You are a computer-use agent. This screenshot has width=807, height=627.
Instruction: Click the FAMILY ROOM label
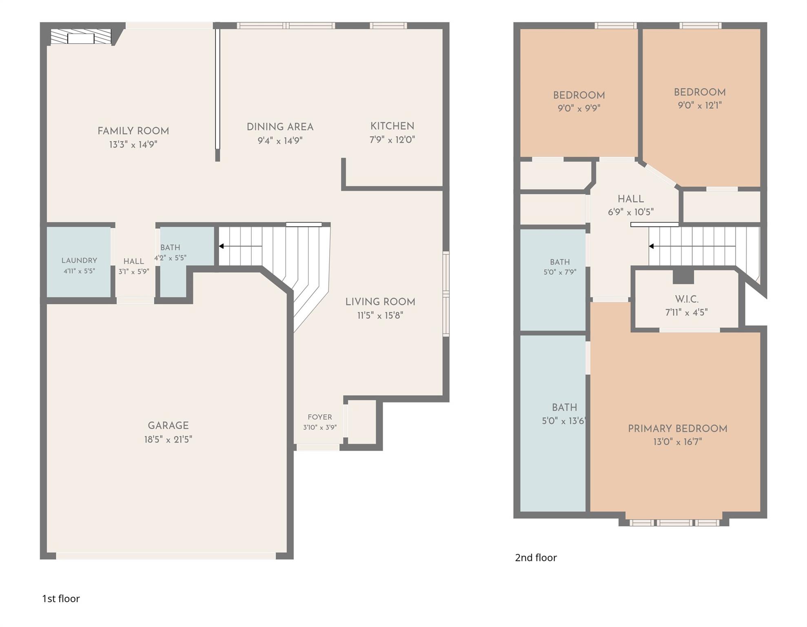click(133, 131)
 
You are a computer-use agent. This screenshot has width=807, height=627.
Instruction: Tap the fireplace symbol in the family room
click(81, 37)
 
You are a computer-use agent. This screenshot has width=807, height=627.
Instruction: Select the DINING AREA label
click(280, 127)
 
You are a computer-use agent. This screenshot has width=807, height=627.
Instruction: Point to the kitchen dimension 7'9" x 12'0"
click(392, 140)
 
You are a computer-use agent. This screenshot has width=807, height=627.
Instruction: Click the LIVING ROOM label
click(380, 302)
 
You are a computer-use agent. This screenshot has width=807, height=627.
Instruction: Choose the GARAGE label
click(168, 426)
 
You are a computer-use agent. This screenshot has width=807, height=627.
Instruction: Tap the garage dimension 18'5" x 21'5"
click(168, 439)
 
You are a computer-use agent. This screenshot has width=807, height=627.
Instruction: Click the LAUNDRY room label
click(79, 260)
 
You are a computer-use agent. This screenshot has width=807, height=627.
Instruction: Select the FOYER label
click(320, 417)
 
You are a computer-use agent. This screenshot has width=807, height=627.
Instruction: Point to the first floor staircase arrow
click(240, 246)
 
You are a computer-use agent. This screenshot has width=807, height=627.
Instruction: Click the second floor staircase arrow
click(692, 246)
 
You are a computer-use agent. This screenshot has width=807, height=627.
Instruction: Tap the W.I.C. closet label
click(687, 299)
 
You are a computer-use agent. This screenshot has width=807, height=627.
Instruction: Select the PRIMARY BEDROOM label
click(677, 429)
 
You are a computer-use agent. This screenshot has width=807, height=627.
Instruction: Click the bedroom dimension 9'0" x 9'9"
click(579, 108)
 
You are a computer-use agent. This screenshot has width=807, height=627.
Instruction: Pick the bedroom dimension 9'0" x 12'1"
click(700, 105)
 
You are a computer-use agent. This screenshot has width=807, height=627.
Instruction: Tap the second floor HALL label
click(631, 199)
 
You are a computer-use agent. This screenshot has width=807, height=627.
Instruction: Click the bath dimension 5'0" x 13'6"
click(564, 420)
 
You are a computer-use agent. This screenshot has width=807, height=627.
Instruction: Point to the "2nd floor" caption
click(536, 558)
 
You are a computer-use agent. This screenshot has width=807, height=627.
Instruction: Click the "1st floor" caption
click(61, 598)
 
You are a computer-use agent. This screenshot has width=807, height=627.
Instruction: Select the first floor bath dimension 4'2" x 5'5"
click(170, 258)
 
